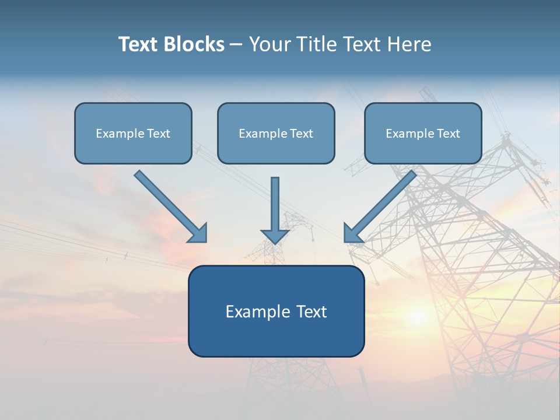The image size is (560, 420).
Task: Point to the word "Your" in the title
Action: coord(270,44)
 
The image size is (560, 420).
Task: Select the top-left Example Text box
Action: coord(133,133)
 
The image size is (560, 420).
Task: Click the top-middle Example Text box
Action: coord(276,133)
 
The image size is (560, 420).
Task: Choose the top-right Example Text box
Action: coord(423,133)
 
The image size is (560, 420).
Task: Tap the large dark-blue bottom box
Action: coord(276,311)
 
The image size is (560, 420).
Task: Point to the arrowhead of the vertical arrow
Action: coord(275,236)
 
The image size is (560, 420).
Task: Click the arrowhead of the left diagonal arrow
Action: coord(199,234)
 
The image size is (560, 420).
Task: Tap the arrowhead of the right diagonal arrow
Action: coord(352,234)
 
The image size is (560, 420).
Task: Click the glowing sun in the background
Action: coord(418,316)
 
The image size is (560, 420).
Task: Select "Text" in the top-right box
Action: coord(449,134)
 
